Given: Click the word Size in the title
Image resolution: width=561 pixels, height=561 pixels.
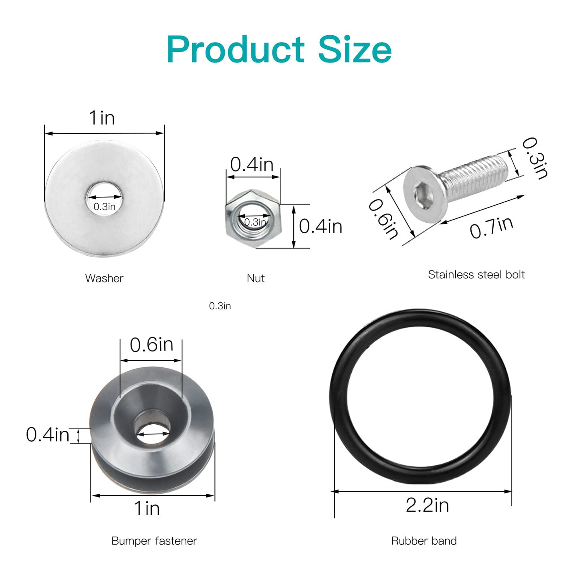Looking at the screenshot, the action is click(355, 49).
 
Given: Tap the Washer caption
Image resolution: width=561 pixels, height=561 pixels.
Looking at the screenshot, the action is click(104, 278).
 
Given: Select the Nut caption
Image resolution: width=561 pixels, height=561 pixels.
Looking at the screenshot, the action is click(256, 278).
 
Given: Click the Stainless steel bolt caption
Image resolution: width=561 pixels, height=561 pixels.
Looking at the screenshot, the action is click(476, 274).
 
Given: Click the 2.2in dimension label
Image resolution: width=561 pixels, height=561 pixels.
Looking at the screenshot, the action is click(427, 505).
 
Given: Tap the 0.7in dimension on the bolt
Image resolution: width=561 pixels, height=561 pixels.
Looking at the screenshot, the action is click(491, 227).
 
